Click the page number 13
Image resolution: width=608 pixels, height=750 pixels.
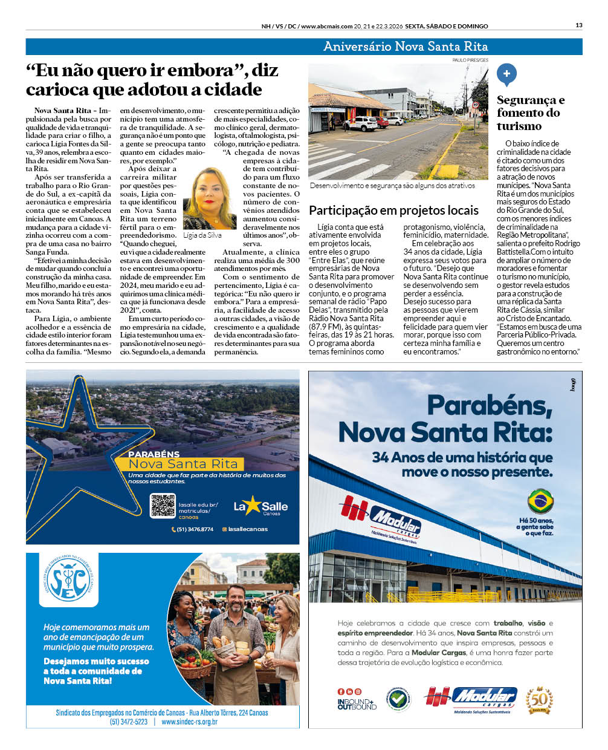pos(579,25)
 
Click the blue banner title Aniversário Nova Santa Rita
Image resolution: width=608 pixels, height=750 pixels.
pos(405,47)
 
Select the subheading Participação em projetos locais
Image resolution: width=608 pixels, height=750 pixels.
pos(393,210)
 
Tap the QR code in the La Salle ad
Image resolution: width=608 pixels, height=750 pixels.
pos(163,506)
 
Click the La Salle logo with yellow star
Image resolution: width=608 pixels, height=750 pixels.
pos(260,506)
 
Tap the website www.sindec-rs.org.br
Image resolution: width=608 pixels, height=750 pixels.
pos(189,722)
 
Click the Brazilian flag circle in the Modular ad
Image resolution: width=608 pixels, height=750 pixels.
pos(540,501)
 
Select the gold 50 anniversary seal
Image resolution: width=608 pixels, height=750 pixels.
pos(539,700)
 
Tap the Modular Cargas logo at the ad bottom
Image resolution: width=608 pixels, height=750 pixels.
pos(471,699)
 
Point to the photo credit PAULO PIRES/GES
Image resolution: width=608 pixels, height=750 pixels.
pos(470,60)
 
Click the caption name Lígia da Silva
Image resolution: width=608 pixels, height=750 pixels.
pos(202,235)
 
